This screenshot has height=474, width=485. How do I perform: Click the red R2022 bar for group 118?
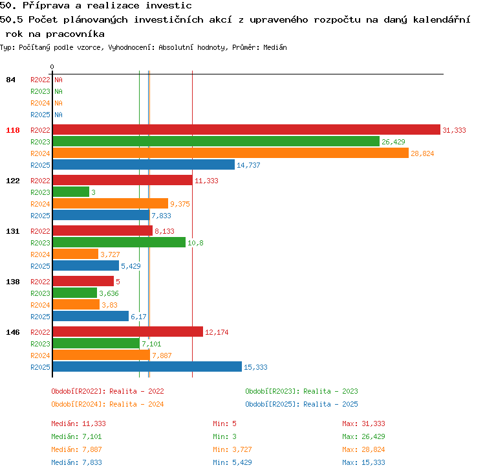pyautogui.click(x=246, y=130)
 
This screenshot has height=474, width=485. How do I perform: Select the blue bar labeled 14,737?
pyautogui.click(x=144, y=164)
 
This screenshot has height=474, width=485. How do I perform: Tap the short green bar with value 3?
pyautogui.click(x=71, y=192)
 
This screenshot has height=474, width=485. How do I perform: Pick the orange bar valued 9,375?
pyautogui.click(x=111, y=203)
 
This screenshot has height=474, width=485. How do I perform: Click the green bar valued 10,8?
pyautogui.click(x=119, y=242)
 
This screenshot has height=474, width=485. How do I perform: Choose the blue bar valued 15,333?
pyautogui.click(x=147, y=367)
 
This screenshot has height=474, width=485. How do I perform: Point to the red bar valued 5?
pyautogui.click(x=83, y=281)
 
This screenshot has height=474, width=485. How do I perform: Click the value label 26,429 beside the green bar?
pyautogui.click(x=393, y=142)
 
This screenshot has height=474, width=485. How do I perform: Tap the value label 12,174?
pyautogui.click(x=217, y=332)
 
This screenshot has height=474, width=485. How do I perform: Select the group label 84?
pyautogui.click(x=10, y=80)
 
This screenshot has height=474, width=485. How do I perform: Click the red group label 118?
pyautogui.click(x=13, y=130)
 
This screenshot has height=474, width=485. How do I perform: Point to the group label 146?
pyautogui.click(x=13, y=332)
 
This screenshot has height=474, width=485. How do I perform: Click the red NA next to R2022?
pyautogui.click(x=58, y=80)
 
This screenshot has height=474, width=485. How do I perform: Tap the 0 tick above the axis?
pyautogui.click(x=52, y=67)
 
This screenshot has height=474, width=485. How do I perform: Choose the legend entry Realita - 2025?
pyautogui.click(x=330, y=404)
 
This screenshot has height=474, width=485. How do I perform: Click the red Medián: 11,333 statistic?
pyautogui.click(x=78, y=423)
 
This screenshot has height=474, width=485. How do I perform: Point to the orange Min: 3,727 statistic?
pyautogui.click(x=232, y=449)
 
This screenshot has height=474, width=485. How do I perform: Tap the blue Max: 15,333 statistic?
pyautogui.click(x=363, y=462)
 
